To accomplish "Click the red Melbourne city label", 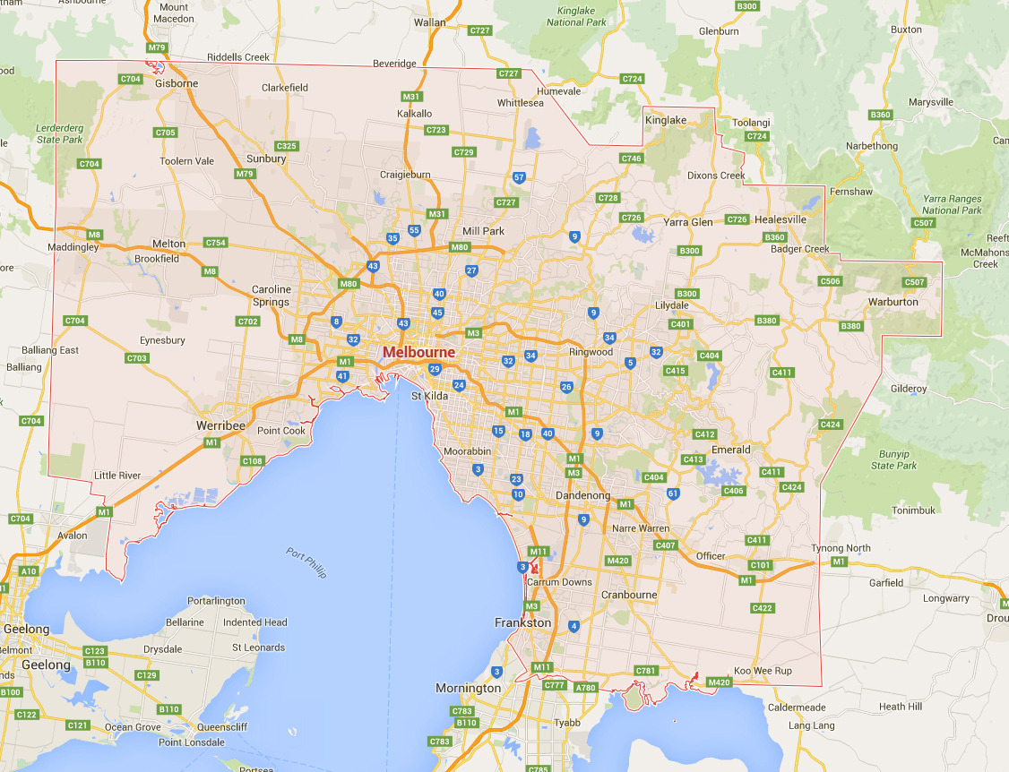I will (418, 353).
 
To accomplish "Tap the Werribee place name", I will (220, 425).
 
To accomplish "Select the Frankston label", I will (523, 622).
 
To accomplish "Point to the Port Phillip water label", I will (306, 562).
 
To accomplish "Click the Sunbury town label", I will (266, 159).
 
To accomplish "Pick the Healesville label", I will (780, 219).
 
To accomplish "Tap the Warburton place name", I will (893, 302).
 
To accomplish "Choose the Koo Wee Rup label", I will (763, 671).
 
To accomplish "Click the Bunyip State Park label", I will (893, 460).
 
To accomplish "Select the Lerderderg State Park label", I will (59, 133).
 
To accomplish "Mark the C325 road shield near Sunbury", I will (287, 146).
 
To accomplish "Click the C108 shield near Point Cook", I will (253, 461).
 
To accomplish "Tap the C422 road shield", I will (763, 609).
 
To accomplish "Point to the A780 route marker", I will (585, 688).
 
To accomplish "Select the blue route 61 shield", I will (673, 493).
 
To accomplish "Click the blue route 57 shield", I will (519, 178).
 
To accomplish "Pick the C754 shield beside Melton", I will (216, 243).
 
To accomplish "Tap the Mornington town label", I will (469, 689).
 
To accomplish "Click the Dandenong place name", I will (582, 495).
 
